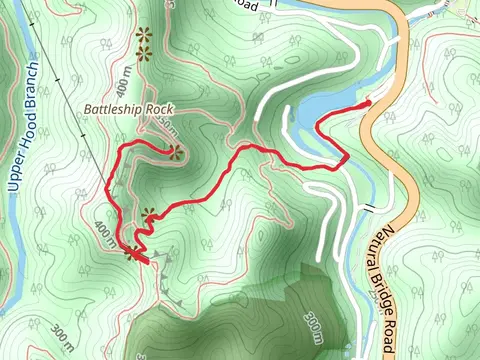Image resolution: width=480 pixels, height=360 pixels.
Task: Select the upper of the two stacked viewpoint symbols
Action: click(x=143, y=33)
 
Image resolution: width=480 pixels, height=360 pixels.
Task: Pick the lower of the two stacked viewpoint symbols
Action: click(x=143, y=51)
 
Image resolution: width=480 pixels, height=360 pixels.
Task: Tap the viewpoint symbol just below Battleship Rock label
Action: click(x=177, y=152)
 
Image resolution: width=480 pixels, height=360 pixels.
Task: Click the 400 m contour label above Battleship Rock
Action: click(x=125, y=77)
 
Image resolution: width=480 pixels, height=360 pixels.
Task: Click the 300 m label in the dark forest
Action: click(x=313, y=324)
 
